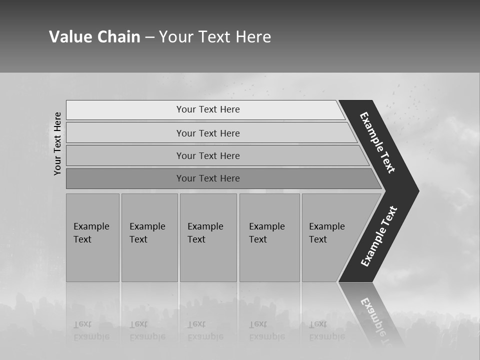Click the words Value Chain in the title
(94, 37)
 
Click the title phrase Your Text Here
(215, 37)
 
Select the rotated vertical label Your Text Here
(58, 143)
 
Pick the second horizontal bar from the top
(208, 133)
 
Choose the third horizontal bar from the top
(208, 155)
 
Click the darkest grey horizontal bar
(208, 178)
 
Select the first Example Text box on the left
(92, 237)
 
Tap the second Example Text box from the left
(149, 237)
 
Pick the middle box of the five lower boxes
(208, 237)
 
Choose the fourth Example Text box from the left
(269, 237)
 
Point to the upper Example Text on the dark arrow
(378, 142)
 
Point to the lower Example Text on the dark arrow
(379, 236)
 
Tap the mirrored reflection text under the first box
(91, 330)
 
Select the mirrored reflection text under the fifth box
(326, 330)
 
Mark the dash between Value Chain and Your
(149, 37)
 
